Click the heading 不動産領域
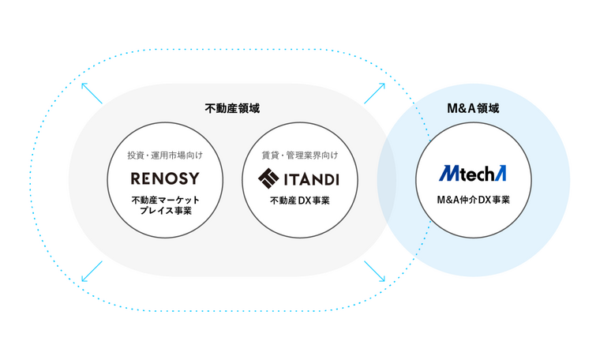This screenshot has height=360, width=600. click(x=232, y=109)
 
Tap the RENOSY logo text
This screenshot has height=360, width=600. click(x=165, y=178)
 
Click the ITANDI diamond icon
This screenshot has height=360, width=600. click(x=268, y=178)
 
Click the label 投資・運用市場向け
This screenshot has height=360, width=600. click(x=165, y=154)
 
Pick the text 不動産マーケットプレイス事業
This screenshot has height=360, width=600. click(x=165, y=206)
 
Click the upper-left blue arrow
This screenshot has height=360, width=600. click(x=92, y=93)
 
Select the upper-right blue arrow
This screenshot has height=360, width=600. click(x=374, y=92)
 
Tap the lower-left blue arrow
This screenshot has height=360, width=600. click(x=92, y=271)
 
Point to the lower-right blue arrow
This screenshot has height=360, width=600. click(x=374, y=271)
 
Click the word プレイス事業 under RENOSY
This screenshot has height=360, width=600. click(x=165, y=212)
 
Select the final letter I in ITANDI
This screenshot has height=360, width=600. click(x=336, y=178)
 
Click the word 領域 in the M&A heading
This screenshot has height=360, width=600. click(x=488, y=109)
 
